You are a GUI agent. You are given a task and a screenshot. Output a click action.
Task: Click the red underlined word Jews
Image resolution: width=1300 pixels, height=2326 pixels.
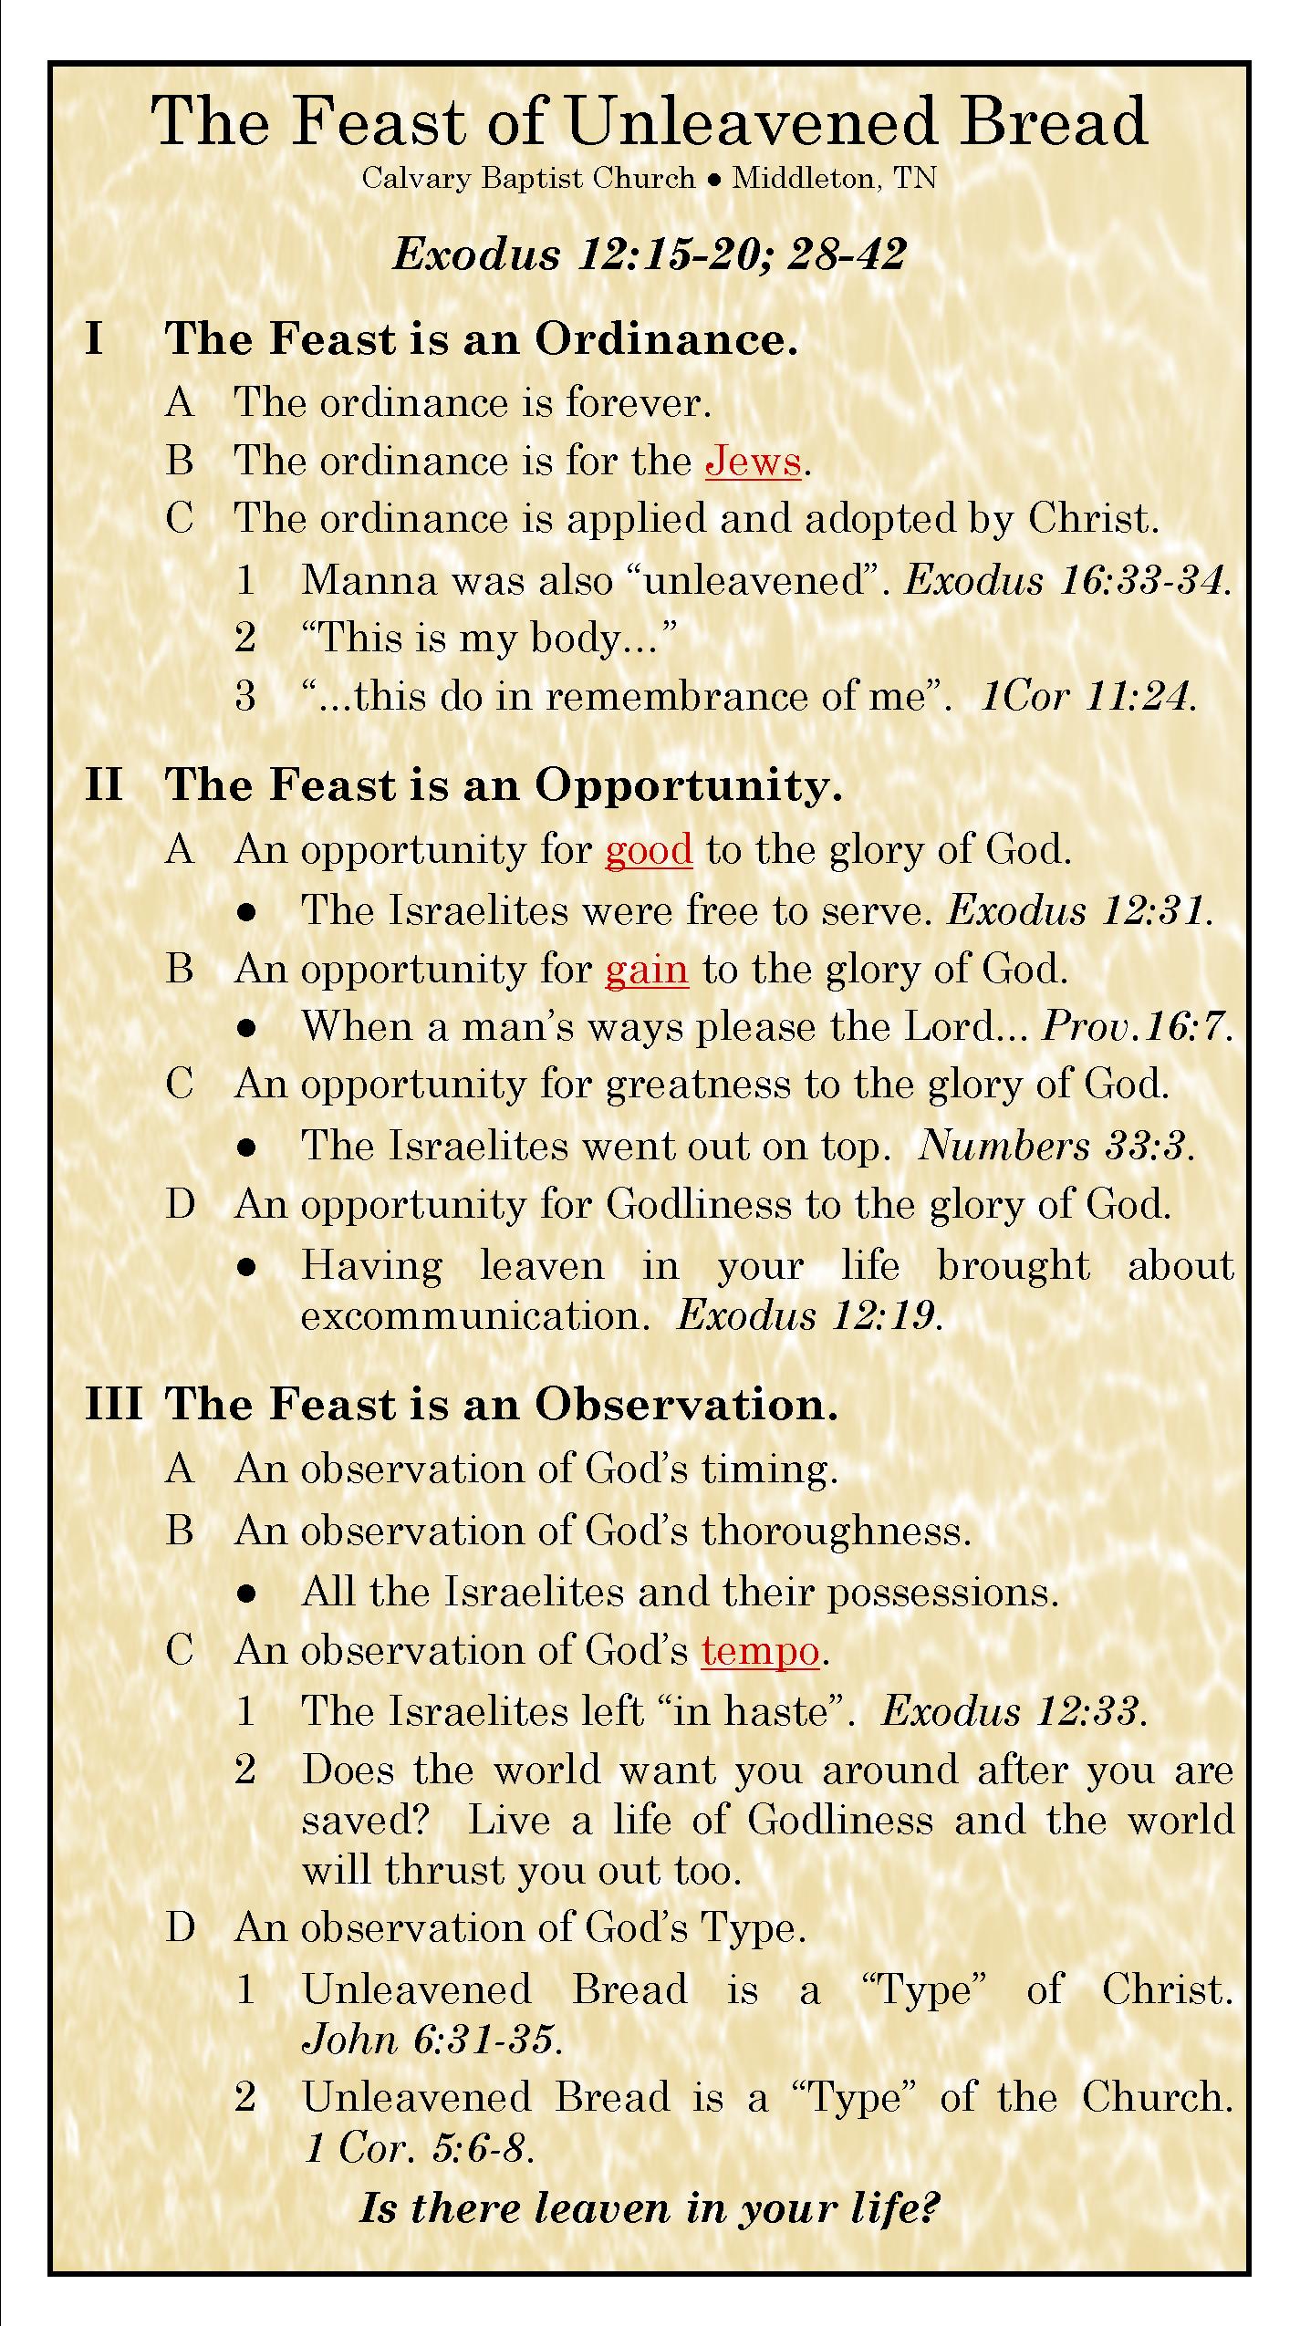(753, 461)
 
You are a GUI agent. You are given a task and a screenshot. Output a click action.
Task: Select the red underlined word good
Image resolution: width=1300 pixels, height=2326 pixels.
(649, 849)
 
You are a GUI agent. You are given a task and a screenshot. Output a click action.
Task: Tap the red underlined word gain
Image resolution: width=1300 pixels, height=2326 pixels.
(646, 969)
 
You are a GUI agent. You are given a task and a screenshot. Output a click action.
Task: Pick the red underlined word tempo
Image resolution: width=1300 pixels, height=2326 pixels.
(760, 1651)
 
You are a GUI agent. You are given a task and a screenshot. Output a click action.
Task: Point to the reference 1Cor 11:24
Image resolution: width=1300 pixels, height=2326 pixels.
(1087, 697)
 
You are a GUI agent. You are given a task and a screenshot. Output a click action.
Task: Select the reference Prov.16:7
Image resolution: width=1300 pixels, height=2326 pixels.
(1137, 1027)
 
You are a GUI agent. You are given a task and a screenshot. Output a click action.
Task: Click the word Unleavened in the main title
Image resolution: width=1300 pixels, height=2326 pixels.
(752, 121)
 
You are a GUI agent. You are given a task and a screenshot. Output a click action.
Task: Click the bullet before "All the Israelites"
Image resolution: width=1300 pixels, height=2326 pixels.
(245, 1593)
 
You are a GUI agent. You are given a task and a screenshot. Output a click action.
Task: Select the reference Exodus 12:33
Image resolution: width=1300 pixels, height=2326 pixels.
(1014, 1711)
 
